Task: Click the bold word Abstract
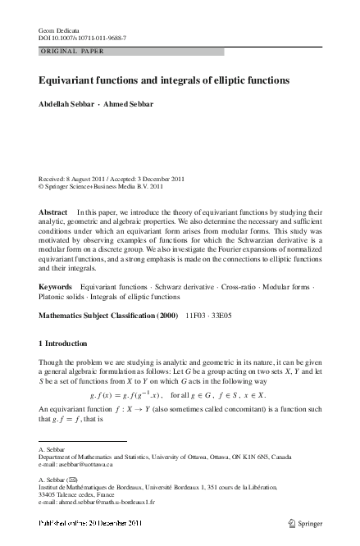(52, 212)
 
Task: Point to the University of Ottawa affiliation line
(164, 457)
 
